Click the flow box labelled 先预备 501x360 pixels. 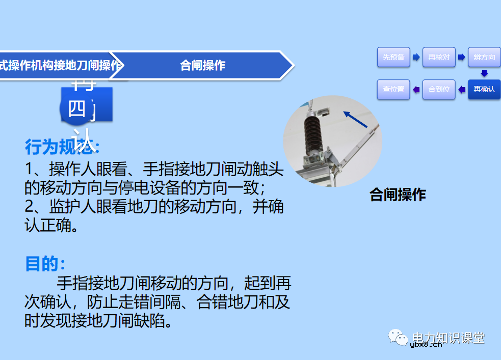pos(393,58)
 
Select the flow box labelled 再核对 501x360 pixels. pos(439,58)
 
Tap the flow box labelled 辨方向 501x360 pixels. pos(484,58)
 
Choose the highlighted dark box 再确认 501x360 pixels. pos(484,90)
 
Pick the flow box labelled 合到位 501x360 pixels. pos(439,90)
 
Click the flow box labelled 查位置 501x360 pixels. pos(393,90)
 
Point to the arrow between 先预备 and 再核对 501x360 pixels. pos(416,57)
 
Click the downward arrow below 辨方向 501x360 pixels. pos(484,73)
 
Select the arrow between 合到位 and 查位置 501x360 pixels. pos(416,90)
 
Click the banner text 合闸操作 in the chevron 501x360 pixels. pos(202,65)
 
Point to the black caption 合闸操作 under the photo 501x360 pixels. pos(398,195)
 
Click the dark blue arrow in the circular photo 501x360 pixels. pos(355,120)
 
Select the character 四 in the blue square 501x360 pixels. pos(77,108)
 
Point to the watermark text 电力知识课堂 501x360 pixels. pos(448,338)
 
